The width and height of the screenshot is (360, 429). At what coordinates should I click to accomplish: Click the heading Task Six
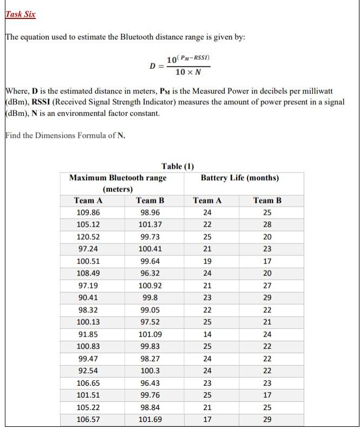(x=21, y=14)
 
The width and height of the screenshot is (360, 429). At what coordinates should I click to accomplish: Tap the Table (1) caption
(x=178, y=166)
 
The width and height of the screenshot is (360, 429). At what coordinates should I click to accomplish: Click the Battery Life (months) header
(x=239, y=178)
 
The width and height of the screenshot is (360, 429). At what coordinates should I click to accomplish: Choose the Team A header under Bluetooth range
(x=88, y=201)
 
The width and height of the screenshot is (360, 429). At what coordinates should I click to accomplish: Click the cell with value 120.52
(x=88, y=237)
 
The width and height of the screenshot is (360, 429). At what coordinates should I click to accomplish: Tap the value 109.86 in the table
(x=88, y=213)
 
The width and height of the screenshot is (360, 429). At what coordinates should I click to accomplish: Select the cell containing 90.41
(x=88, y=298)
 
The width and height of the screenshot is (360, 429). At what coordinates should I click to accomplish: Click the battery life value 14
(x=207, y=334)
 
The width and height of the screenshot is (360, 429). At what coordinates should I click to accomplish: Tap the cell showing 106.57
(x=88, y=420)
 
